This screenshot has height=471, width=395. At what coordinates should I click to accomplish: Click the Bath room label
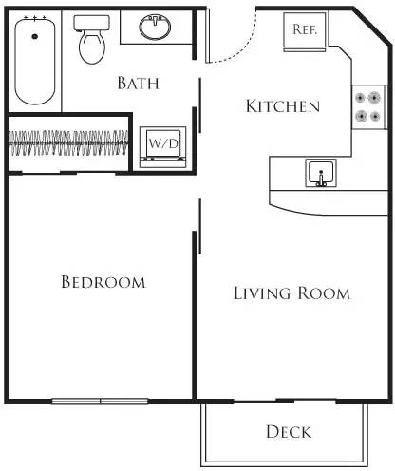pos(138,84)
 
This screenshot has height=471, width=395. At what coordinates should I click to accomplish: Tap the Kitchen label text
pos(282,105)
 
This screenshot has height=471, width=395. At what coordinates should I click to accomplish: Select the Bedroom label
pos(103,282)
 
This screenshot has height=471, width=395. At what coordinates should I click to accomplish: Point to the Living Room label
pos(292,293)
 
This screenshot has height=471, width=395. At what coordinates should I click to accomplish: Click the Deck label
pos(288,432)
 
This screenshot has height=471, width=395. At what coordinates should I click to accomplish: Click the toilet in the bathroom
pos(92,43)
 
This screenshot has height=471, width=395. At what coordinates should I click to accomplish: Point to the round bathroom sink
pos(155,27)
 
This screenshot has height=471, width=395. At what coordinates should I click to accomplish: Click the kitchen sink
pos(321,175)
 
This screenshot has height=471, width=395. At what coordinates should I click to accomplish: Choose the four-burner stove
pos(367,107)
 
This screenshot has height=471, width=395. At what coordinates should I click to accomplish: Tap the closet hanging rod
pos(66,142)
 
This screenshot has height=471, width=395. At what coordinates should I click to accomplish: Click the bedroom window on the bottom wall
pos(101,400)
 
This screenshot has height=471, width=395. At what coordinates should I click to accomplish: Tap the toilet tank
pos(92,22)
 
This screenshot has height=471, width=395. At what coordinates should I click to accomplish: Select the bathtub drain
pos(35,35)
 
